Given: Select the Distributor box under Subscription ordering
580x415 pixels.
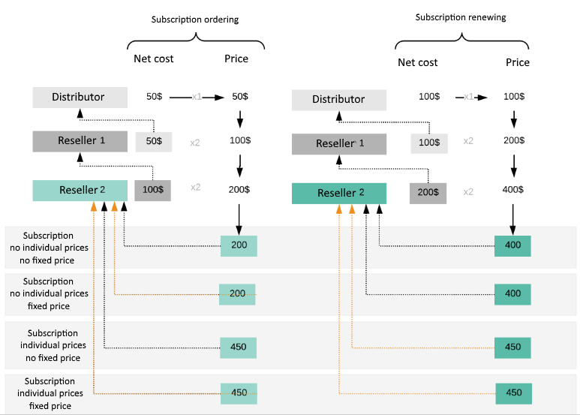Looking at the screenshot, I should click(79, 97).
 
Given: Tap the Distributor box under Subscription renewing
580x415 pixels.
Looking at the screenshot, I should click(338, 100).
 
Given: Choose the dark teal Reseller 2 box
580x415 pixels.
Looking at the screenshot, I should click(338, 193).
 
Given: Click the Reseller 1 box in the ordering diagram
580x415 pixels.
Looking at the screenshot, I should click(80, 141).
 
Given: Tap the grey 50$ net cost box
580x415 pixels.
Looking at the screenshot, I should click(154, 141).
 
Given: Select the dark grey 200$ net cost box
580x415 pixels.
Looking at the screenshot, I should click(428, 192).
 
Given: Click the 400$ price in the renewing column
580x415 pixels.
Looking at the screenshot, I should click(513, 189).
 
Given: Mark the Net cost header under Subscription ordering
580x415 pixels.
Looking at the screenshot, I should click(153, 59).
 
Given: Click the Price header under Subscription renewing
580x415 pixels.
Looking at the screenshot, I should click(518, 62).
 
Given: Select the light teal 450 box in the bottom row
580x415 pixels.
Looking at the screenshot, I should click(239, 392).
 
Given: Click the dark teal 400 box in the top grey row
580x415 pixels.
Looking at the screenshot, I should click(512, 246).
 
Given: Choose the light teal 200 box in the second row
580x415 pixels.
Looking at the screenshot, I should click(237, 294).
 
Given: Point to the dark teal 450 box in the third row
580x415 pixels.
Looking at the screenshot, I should click(512, 347).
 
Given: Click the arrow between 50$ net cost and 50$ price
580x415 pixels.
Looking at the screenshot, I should click(199, 98).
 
